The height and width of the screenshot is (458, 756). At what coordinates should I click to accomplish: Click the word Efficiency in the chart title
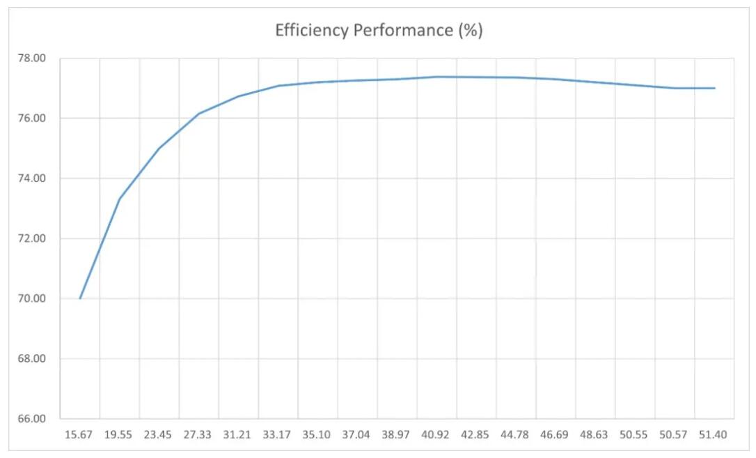point(308,31)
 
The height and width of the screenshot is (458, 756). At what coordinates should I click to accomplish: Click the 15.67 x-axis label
point(79,435)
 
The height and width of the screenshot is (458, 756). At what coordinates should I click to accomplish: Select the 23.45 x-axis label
point(158,435)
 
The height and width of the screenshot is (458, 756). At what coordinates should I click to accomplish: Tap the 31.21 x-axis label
point(237,435)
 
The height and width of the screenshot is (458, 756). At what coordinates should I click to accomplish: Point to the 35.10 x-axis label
point(317,435)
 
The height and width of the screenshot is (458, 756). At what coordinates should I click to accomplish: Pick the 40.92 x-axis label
point(436,435)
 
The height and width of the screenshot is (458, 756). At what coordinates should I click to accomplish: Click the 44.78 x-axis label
point(515,435)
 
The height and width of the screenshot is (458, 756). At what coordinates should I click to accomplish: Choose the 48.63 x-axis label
point(594,435)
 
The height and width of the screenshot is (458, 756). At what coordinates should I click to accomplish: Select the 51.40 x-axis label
point(714,435)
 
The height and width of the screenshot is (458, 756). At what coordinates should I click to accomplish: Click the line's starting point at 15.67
point(80,298)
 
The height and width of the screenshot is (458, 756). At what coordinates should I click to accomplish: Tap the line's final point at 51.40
point(714,88)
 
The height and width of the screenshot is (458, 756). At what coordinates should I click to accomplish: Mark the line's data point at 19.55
point(120,199)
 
